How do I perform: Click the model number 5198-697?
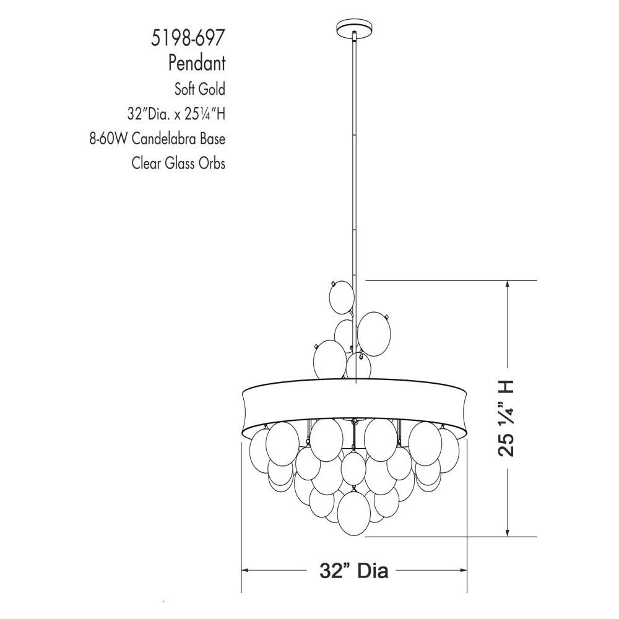[188, 38]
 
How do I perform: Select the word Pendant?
[197, 63]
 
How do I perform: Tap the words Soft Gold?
[200, 89]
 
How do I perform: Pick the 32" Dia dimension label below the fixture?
[353, 570]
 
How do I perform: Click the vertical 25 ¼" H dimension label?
[505, 418]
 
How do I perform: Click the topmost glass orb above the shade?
[342, 297]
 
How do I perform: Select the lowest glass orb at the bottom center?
[353, 513]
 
